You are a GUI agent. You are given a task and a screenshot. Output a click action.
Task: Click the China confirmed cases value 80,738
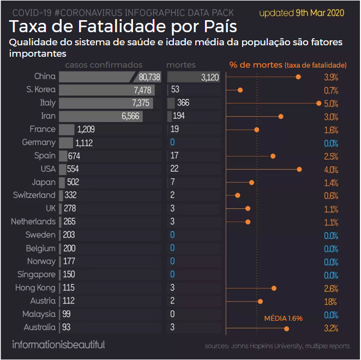pos(149,77)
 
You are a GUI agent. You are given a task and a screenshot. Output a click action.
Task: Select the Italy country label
pos(48,103)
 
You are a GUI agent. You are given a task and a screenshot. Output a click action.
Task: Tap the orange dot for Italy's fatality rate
pos(318,103)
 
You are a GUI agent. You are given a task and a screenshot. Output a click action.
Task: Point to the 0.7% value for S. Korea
pos(331,91)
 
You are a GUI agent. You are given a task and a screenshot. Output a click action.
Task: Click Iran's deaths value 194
pos(179,116)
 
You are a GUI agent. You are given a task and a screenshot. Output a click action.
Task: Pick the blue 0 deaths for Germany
pos(172,142)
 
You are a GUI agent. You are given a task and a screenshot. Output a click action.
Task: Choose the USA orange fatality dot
pos(299,169)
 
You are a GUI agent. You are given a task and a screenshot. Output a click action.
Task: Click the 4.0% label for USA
pos(331,169)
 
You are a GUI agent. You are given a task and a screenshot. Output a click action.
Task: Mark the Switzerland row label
pos(34,195)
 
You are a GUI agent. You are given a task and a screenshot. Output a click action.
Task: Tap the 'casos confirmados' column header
pos(104,65)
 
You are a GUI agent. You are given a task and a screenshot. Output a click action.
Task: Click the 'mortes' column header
pos(180,65)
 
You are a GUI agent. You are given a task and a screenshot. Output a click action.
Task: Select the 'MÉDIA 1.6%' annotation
pos(283,318)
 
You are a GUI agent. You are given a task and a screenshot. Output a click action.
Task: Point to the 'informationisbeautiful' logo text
pos(58,345)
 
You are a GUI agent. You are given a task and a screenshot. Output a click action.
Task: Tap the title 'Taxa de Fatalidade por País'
pos(123,27)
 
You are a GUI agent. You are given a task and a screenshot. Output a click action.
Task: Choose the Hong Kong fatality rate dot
pos(274,288)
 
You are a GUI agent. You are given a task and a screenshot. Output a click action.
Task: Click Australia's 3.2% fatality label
pos(331,328)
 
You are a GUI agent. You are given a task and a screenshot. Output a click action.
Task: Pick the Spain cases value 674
pos(74,156)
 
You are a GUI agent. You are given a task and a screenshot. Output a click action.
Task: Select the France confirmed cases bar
pos(67,129)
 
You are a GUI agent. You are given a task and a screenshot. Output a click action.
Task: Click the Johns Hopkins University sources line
pos(278,346)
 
